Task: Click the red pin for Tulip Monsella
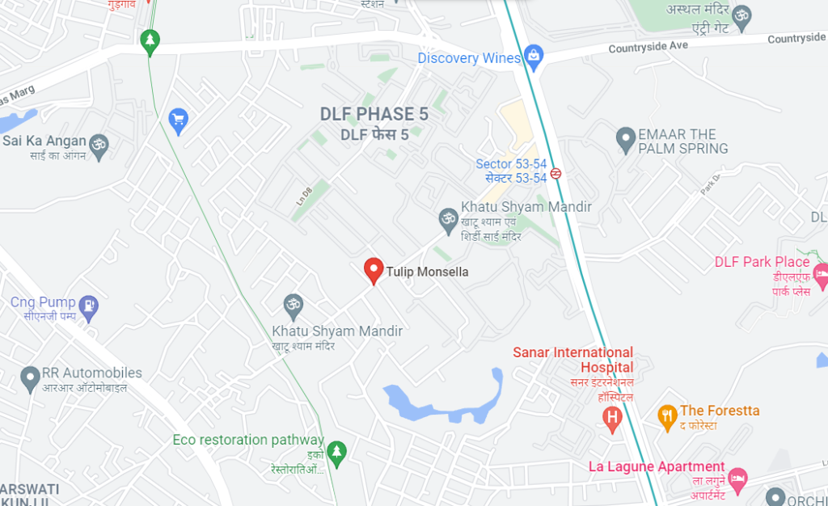[x=373, y=270]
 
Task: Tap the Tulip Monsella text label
[x=427, y=272]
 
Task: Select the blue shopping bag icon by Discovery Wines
[x=533, y=57]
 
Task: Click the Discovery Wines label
[x=469, y=58]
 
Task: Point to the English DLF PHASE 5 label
[x=374, y=115]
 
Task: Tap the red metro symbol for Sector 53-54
[x=556, y=172]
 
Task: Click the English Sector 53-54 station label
[x=511, y=165]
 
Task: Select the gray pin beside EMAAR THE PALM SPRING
[x=625, y=139]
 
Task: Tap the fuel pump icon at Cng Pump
[x=89, y=306]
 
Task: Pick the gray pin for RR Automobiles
[x=30, y=376]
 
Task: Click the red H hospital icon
[x=613, y=417]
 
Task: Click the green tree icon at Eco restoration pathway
[x=336, y=451]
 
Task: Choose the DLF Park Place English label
[x=762, y=262]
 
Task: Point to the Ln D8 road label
[x=303, y=196]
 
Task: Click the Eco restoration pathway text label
[x=247, y=440]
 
